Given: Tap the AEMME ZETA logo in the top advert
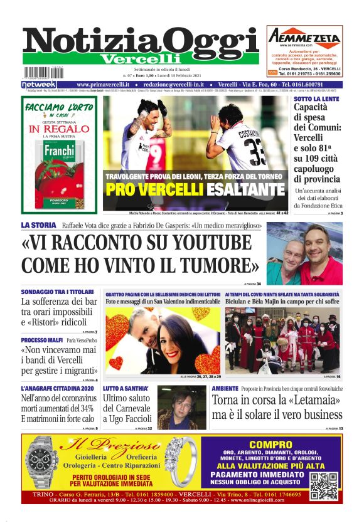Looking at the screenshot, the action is pyautogui.click(x=304, y=36).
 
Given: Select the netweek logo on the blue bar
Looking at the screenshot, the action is pyautogui.click(x=39, y=84).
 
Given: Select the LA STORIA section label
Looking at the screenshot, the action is pyautogui.click(x=40, y=224).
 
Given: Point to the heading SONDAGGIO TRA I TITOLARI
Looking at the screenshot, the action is pyautogui.click(x=57, y=292).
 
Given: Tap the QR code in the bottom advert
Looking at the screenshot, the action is pyautogui.click(x=324, y=486).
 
